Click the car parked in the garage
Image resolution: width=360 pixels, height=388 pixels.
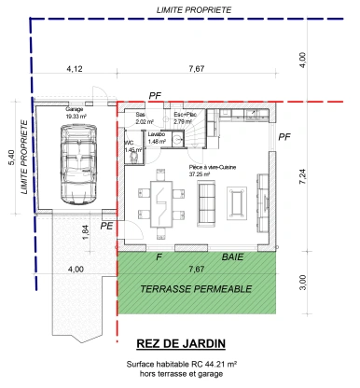(76, 162)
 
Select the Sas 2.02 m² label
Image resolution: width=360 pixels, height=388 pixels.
(143, 118)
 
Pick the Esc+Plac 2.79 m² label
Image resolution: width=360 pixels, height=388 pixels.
(183, 118)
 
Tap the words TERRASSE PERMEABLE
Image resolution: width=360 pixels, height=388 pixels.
(196, 290)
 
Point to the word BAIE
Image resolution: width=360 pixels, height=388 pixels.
(232, 256)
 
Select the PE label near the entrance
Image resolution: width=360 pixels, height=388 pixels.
(107, 227)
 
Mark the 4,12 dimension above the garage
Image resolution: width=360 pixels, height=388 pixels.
(75, 69)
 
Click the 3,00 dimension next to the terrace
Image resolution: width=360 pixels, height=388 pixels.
(302, 279)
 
